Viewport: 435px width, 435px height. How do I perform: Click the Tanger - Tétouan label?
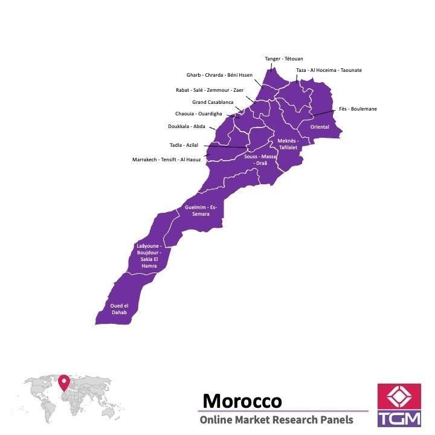pos(284,59)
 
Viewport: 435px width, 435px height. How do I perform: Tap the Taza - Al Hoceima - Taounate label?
pos(329,70)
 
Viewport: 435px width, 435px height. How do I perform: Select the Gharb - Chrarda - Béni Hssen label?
pos(219,75)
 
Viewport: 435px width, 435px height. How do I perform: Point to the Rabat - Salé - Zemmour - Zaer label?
pos(210,89)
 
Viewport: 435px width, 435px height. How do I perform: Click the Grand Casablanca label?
pos(213,102)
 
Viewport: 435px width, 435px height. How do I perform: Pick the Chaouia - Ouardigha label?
pos(199,114)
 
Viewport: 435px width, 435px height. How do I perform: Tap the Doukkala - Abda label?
pos(187,126)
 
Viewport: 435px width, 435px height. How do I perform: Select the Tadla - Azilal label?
pos(184,145)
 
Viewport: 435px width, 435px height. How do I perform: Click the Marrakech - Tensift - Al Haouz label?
pos(167,159)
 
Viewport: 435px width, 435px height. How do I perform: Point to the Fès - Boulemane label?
pos(358,109)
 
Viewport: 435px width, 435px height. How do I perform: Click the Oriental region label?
pos(320,127)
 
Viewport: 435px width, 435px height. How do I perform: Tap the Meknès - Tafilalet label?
pos(288,144)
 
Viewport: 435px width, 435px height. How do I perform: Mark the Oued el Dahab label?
pos(119,309)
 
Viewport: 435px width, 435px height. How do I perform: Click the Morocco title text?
pos(242,401)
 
